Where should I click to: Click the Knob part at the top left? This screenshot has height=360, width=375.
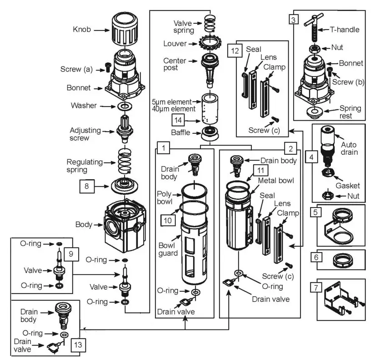click(124, 30)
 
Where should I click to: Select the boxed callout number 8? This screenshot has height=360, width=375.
click(88, 186)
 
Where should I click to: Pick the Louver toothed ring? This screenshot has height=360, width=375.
click(212, 43)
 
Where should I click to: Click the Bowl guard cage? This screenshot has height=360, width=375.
click(197, 255)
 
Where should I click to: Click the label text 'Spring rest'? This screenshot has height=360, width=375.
click(350, 112)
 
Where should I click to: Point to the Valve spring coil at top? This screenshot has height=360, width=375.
click(210, 22)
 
